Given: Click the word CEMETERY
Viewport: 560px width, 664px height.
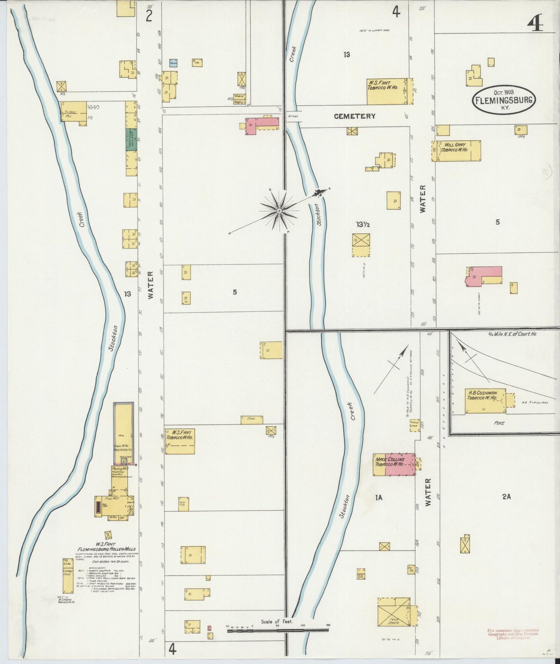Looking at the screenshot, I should click(355, 116).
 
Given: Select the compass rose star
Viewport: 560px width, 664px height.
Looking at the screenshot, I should click(279, 211).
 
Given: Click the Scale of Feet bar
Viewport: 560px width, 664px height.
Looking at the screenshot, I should click(277, 630).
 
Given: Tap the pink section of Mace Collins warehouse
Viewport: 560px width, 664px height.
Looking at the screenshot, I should click(400, 464).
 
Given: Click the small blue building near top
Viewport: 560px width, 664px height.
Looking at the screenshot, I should click(173, 63).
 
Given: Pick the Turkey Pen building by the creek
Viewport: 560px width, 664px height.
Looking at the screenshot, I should click(72, 112).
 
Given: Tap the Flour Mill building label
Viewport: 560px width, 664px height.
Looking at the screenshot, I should click(114, 499).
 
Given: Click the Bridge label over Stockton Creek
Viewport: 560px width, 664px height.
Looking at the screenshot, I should click(293, 116).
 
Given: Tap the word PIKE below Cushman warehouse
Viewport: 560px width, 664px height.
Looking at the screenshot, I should click(499, 423).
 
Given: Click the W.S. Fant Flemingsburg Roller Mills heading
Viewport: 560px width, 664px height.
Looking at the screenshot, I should click(106, 547).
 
